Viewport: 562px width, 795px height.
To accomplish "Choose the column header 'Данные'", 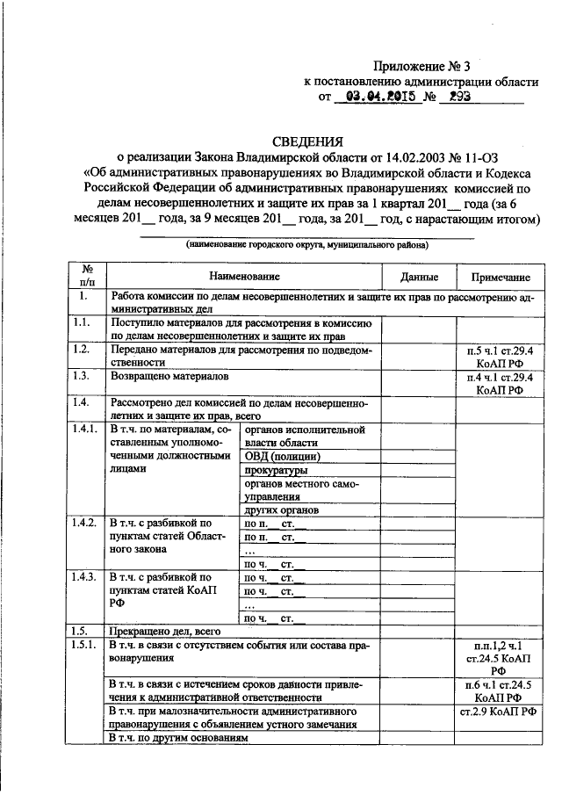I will [418, 277].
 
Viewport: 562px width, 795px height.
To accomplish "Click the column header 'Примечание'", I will [499, 277].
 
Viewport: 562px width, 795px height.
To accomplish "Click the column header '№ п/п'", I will [88, 276].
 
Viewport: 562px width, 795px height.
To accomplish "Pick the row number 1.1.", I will [83, 324].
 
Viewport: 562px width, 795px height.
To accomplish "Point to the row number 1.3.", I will [83, 375].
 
